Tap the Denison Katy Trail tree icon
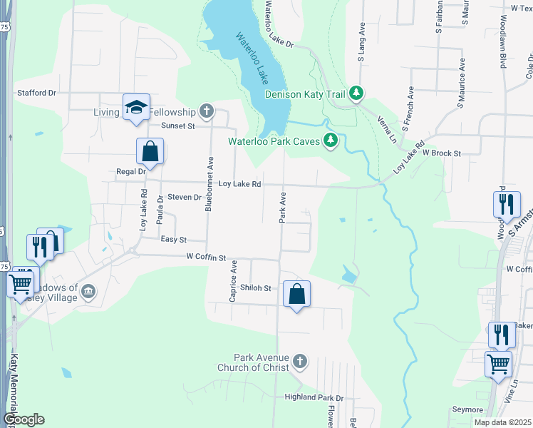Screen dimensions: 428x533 [x=357, y=93]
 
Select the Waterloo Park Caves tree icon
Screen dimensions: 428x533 [x=330, y=141]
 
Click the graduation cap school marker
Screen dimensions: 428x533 [x=136, y=107]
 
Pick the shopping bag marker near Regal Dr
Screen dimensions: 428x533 [x=150, y=151]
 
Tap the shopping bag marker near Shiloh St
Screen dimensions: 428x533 [x=296, y=294]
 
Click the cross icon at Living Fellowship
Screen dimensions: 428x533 [x=206, y=112]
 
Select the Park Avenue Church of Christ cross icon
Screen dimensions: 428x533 [x=300, y=362]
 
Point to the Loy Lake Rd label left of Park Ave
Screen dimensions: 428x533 [x=239, y=184]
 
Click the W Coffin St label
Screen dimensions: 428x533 [x=206, y=257]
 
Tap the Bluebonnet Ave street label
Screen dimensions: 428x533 [x=209, y=184]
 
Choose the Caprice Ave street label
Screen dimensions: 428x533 [x=233, y=281]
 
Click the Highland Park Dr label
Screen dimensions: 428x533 [x=314, y=397]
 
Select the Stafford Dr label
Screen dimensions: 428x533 [x=37, y=93]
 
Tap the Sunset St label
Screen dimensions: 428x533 [x=177, y=126]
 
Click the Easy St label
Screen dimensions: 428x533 [x=173, y=240]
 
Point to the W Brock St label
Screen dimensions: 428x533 [x=442, y=153]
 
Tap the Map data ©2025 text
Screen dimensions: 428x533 [x=502, y=422]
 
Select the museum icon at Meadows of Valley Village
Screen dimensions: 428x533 [x=88, y=291]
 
